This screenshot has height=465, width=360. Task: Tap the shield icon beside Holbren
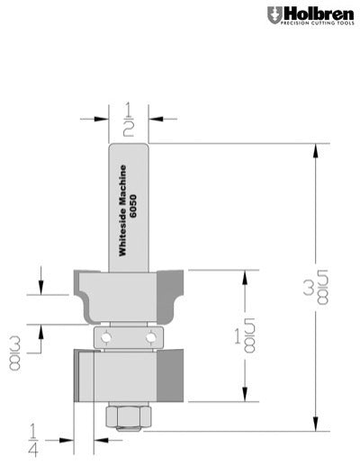point(274,15)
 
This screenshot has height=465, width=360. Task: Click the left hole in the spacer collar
point(107,335)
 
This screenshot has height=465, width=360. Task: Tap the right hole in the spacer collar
point(148,335)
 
